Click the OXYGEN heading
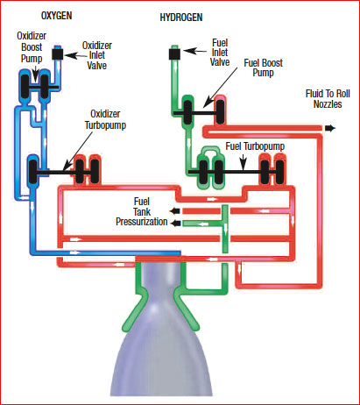coord(56,16)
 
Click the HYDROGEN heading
coord(181,18)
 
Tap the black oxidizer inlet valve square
coord(58,54)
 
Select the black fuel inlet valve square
coord(175,54)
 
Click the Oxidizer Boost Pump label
coord(32,47)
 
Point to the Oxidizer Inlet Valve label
coord(97,55)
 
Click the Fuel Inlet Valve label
coord(220,53)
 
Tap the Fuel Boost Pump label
coord(264,67)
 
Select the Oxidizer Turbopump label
coord(105,119)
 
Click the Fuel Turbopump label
coord(255,146)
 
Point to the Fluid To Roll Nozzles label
coord(328,99)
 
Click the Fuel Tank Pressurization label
coord(142,211)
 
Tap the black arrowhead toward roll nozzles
coord(330,128)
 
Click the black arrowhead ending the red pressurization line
coord(175,211)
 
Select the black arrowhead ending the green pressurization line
coord(175,224)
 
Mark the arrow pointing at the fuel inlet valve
coord(195,51)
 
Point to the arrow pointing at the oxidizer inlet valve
coord(76,55)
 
